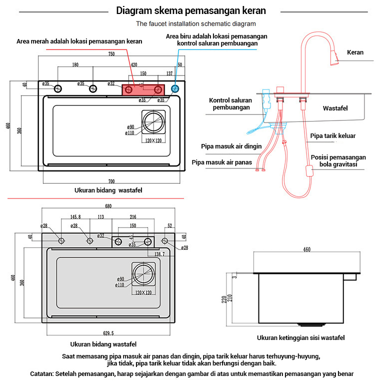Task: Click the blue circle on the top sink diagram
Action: [174, 89]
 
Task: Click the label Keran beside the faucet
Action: [355, 52]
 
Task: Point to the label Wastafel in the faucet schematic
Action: [335, 108]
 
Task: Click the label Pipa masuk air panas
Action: [222, 162]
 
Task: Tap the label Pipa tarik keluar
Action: [333, 135]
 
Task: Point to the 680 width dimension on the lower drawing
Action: [108, 206]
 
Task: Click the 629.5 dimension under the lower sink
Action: [108, 333]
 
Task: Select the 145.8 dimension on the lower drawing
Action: [75, 217]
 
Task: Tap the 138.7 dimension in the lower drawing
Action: [159, 254]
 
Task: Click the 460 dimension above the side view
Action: [306, 249]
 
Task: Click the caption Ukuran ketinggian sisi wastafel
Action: [300, 338]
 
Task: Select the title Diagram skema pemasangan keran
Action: [191, 10]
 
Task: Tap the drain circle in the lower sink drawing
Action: [143, 274]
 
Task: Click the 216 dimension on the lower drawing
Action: [133, 217]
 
